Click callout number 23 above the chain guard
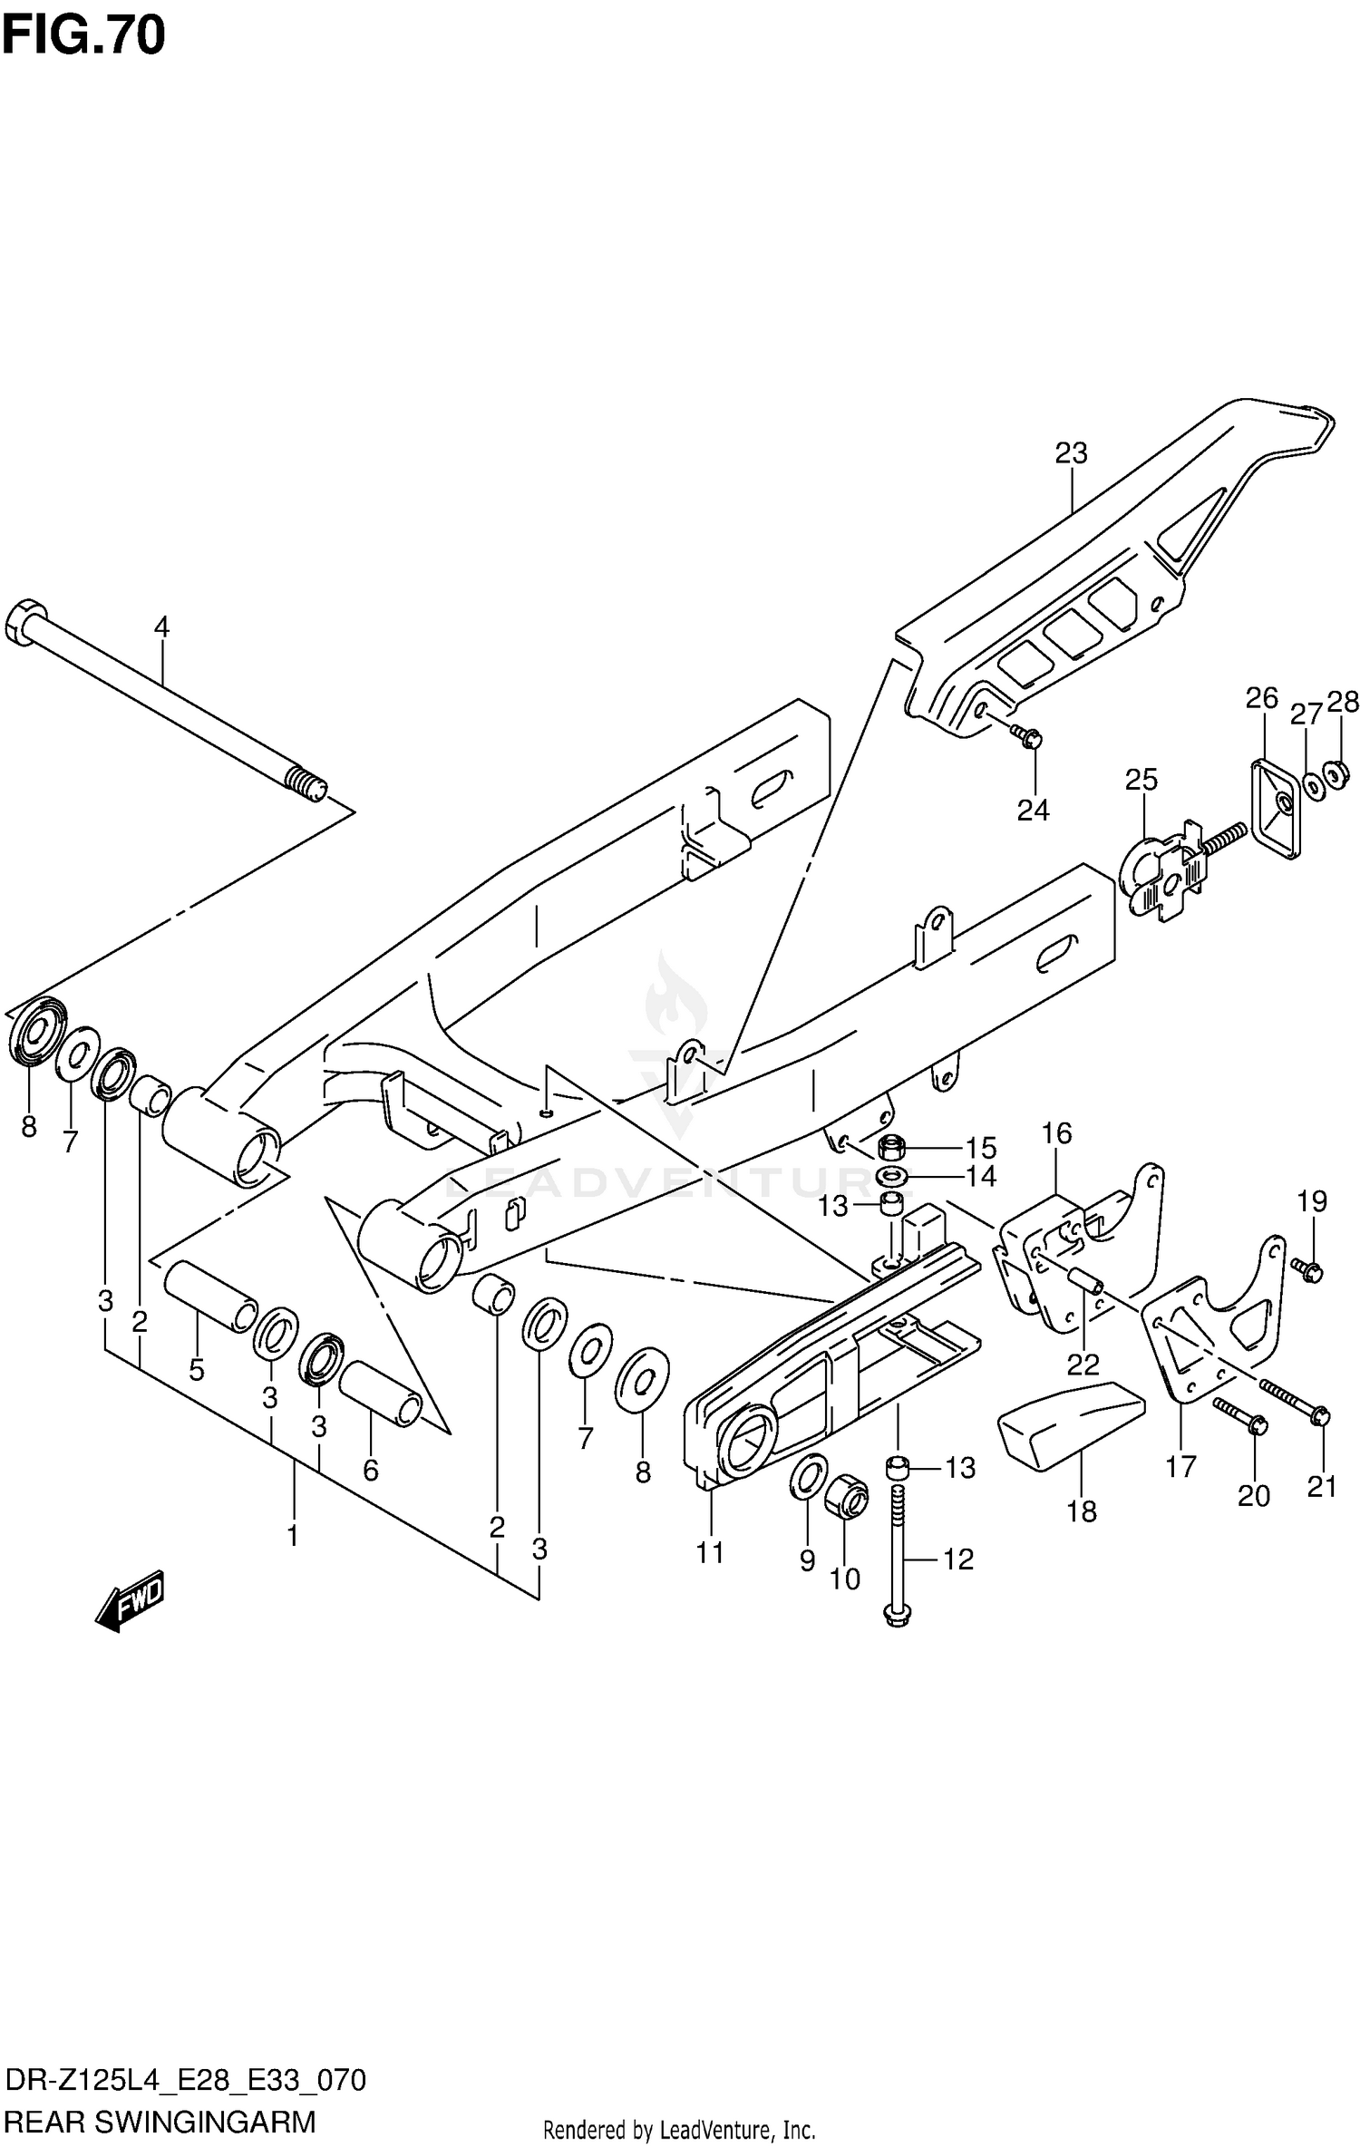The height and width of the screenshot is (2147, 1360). [1071, 453]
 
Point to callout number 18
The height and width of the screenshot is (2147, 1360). [1082, 1511]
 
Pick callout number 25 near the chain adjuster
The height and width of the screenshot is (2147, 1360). [1141, 779]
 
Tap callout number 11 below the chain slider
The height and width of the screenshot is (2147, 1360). [710, 1553]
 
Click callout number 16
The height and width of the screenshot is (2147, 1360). [1056, 1132]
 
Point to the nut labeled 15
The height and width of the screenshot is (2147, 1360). [891, 1149]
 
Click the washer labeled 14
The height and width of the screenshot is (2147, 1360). [890, 1177]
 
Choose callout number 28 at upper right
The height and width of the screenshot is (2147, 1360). [1343, 702]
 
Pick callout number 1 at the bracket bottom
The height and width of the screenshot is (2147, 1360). [292, 1536]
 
